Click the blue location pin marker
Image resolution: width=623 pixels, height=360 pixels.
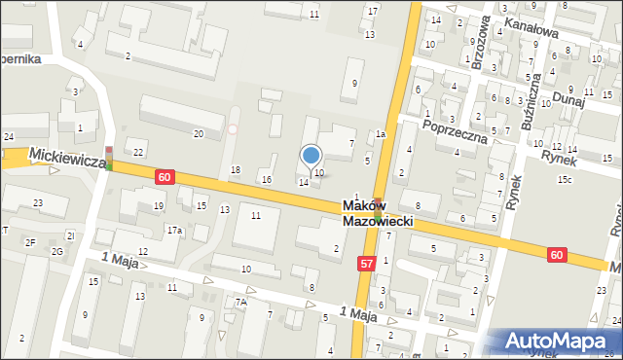(311, 156)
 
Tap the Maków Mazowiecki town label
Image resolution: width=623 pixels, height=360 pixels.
(379, 214)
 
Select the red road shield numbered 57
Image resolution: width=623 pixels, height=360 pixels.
(366, 264)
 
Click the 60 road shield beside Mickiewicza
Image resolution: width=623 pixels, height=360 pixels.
(165, 177)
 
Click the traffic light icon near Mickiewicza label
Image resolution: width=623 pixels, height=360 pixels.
(109, 158)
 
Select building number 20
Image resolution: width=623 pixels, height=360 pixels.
(199, 133)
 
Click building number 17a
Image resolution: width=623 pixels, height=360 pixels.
(173, 231)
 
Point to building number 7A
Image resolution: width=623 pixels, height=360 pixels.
(240, 303)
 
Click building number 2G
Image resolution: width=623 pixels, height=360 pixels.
(56, 253)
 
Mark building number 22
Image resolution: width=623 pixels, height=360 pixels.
(139, 152)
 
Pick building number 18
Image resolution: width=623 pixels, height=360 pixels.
(235, 171)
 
